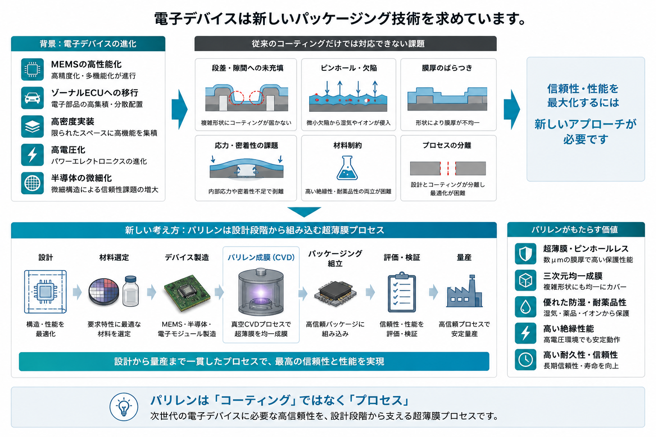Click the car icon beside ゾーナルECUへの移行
[32, 98]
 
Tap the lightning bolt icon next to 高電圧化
[32, 155]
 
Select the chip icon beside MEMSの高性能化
[32, 70]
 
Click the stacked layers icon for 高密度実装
[32, 126]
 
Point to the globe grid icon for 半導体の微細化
[32, 183]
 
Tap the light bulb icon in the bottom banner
[124, 407]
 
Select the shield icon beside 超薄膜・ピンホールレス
[526, 254]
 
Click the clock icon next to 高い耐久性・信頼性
[526, 360]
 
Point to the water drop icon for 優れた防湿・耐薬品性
[526, 307]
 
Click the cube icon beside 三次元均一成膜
[526, 280]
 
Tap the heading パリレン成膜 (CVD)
[261, 258]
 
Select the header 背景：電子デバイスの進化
[88, 44]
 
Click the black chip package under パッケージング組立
[335, 293]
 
